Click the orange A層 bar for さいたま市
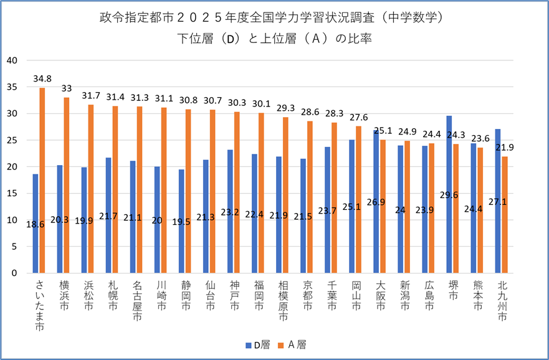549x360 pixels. coord(42,181)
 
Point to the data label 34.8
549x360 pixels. coord(42,79)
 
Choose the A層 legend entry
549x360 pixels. coord(294,344)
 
